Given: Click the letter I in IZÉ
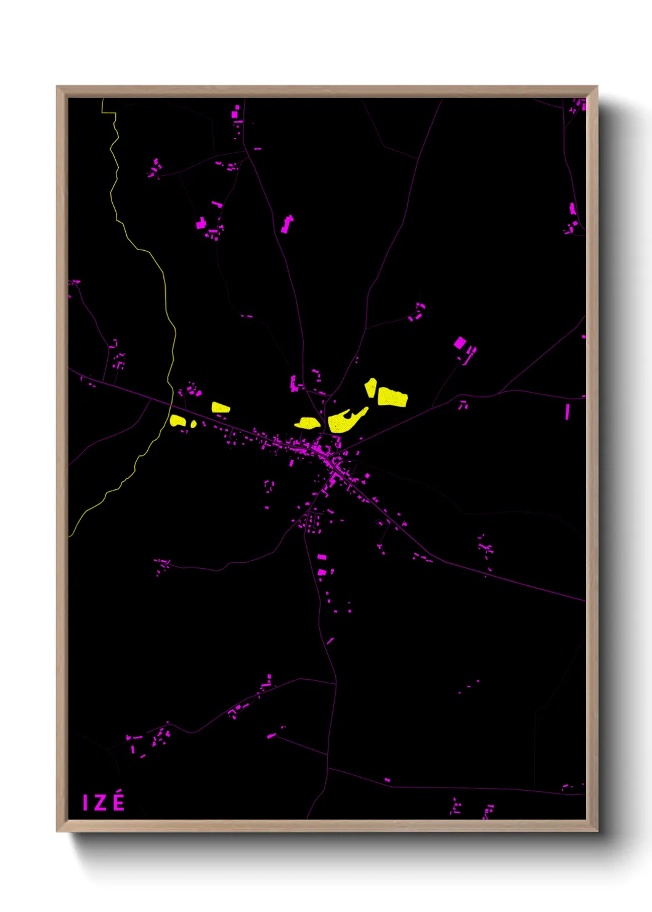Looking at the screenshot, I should tap(86, 803).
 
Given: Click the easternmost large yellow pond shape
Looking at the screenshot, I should tap(392, 397).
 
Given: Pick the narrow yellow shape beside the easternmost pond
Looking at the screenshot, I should tap(370, 388).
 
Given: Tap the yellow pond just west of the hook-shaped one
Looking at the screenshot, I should tap(307, 423).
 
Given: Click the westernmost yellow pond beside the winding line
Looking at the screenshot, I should tap(178, 421).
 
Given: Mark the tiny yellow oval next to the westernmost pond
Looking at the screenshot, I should tap(194, 424).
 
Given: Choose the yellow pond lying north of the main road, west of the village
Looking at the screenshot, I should tap(220, 407).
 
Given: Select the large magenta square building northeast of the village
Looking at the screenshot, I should tap(460, 343).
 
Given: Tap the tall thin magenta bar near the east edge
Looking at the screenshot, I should tap(568, 412).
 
